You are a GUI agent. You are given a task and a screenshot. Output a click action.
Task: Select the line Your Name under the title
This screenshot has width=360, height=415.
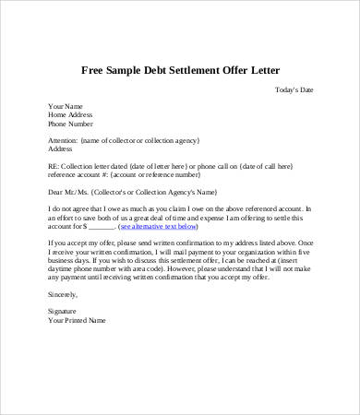pos(64,105)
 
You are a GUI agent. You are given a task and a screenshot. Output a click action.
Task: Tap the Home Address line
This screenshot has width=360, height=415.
pos(70,113)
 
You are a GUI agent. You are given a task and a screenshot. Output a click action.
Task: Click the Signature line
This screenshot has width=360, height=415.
pos(64,312)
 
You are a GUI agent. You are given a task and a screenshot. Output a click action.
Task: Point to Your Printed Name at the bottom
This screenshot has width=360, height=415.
pos(77,320)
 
